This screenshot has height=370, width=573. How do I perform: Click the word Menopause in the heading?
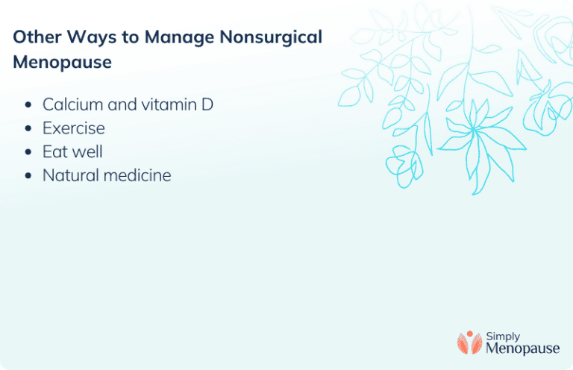point(62,63)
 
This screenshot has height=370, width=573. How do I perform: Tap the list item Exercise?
point(73,128)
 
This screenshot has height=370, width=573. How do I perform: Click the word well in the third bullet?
point(89,151)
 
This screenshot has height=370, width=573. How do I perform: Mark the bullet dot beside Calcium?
point(28,105)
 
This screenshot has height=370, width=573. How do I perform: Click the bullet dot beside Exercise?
point(28,128)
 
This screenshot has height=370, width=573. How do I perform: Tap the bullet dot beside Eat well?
point(28,152)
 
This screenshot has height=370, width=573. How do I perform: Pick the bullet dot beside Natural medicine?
point(28,176)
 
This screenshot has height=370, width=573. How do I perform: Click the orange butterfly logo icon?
point(469,342)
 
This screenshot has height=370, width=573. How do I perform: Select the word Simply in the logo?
point(503,336)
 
